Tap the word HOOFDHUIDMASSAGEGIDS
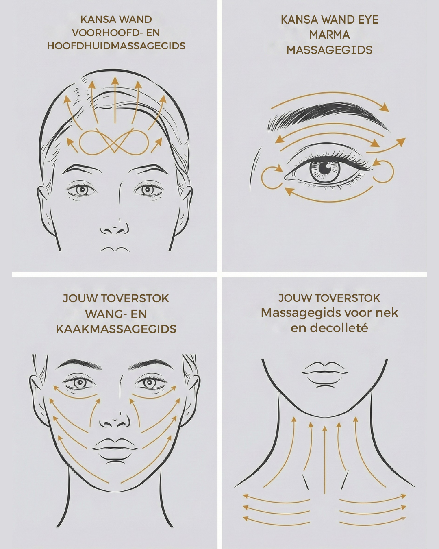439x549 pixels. (x=116, y=46)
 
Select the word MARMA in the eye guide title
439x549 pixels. (x=329, y=35)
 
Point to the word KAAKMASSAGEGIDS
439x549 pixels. (x=116, y=329)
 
